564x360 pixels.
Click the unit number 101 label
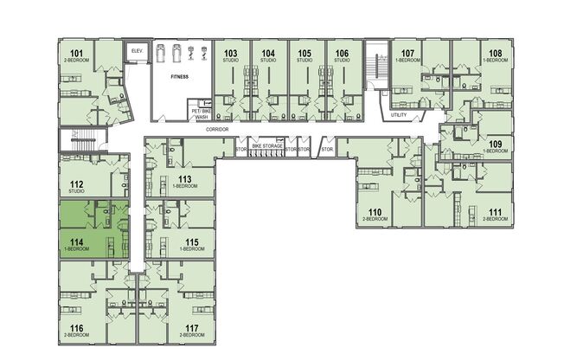(76, 55)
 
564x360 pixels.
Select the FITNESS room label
(179, 76)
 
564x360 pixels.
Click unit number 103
(230, 54)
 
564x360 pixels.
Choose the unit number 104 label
(268, 54)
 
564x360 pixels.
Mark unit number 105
(304, 54)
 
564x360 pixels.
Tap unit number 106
(342, 54)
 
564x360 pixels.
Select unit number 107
(408, 54)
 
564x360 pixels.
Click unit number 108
(495, 54)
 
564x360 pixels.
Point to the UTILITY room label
(399, 115)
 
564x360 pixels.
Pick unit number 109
(495, 144)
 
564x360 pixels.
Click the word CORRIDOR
(217, 128)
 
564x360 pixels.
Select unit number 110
(375, 212)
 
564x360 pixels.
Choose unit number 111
(495, 212)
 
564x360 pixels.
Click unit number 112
(76, 183)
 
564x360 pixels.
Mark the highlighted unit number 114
(76, 242)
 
